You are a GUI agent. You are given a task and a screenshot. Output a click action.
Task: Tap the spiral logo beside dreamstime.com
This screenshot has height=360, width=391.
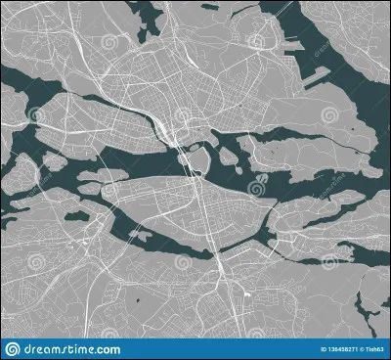(x=11, y=349)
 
